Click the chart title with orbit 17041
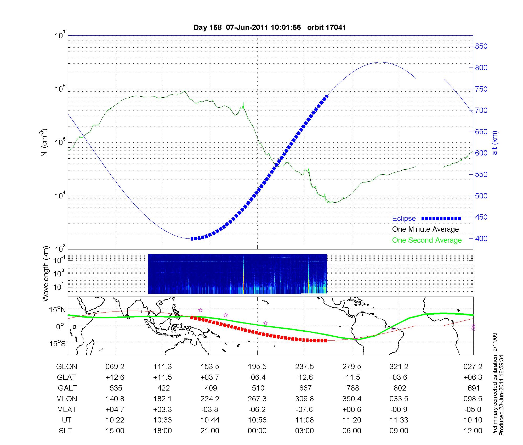[x=270, y=27]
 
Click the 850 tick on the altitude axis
[x=481, y=46]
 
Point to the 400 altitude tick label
[x=481, y=239]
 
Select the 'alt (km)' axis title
[x=495, y=143]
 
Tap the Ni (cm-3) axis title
[x=44, y=143]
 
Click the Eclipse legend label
[x=404, y=219]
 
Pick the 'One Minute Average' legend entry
[x=425, y=229]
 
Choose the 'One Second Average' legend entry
[x=427, y=240]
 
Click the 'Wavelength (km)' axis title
[x=46, y=274]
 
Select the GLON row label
[x=67, y=367]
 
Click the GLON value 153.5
[x=210, y=367]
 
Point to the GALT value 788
[x=352, y=388]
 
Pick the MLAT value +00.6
[x=352, y=409]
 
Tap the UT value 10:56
[x=257, y=420]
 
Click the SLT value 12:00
[x=473, y=431]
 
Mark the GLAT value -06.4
[x=257, y=377]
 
